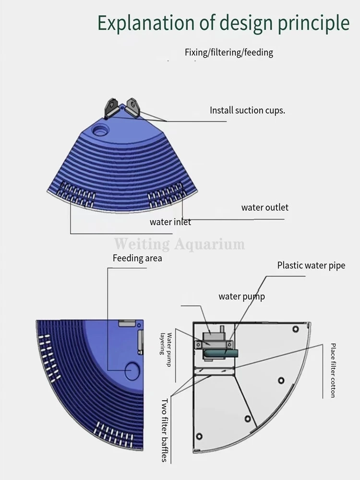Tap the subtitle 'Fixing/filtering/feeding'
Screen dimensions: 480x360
[x=228, y=52]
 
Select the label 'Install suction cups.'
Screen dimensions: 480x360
[x=247, y=110]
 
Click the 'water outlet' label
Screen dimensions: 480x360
[x=265, y=208]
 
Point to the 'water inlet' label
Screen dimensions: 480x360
[x=170, y=222]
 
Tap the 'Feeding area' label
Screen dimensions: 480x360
[x=137, y=258]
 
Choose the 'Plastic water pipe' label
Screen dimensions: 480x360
[x=311, y=265]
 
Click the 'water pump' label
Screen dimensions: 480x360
[x=241, y=296]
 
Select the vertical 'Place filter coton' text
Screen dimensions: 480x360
[x=333, y=370]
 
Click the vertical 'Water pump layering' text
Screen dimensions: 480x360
[x=166, y=348]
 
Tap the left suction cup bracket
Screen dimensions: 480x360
[x=112, y=108]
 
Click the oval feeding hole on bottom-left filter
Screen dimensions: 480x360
[x=132, y=370]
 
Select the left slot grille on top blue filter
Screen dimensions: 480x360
[x=77, y=194]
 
